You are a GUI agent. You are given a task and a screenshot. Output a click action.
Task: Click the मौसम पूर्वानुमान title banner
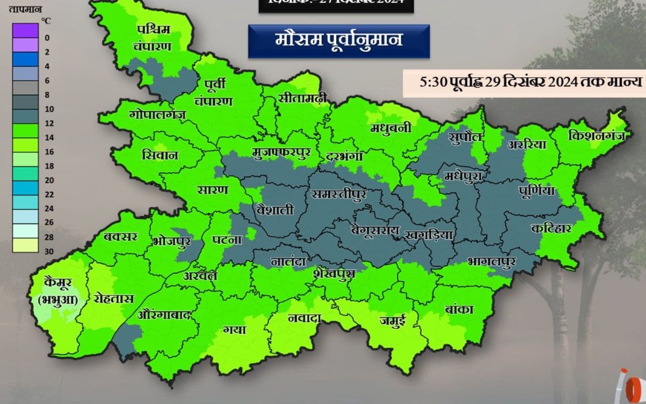coord(339,40)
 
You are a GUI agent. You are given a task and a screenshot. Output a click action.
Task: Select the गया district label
coord(234,330)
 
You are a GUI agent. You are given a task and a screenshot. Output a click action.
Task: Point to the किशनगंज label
coord(597,136)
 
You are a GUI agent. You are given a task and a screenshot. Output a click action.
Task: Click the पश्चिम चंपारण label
coord(153,38)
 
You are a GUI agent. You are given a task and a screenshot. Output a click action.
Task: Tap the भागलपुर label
coord(492,262)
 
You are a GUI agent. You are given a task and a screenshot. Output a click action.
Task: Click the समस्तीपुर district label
coord(339,194)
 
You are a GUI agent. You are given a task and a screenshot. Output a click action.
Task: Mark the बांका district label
coord(459,309)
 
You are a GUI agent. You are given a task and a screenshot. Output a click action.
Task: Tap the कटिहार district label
coord(551,229)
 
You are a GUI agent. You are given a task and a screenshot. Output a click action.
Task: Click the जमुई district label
coord(392,320)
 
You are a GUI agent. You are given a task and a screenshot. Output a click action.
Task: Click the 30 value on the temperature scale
coord(47,251)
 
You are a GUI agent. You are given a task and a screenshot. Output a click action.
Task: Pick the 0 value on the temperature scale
coord(47,38)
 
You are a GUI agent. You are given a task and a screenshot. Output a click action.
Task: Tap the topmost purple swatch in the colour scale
coord(25,31)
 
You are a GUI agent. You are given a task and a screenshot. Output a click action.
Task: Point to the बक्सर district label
coord(120,236)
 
